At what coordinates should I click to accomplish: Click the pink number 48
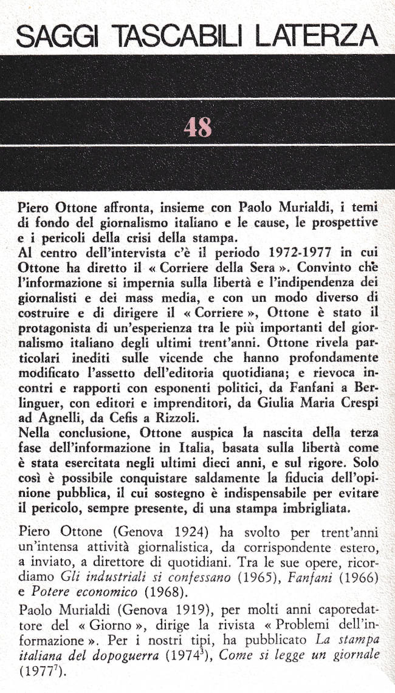(197, 127)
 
